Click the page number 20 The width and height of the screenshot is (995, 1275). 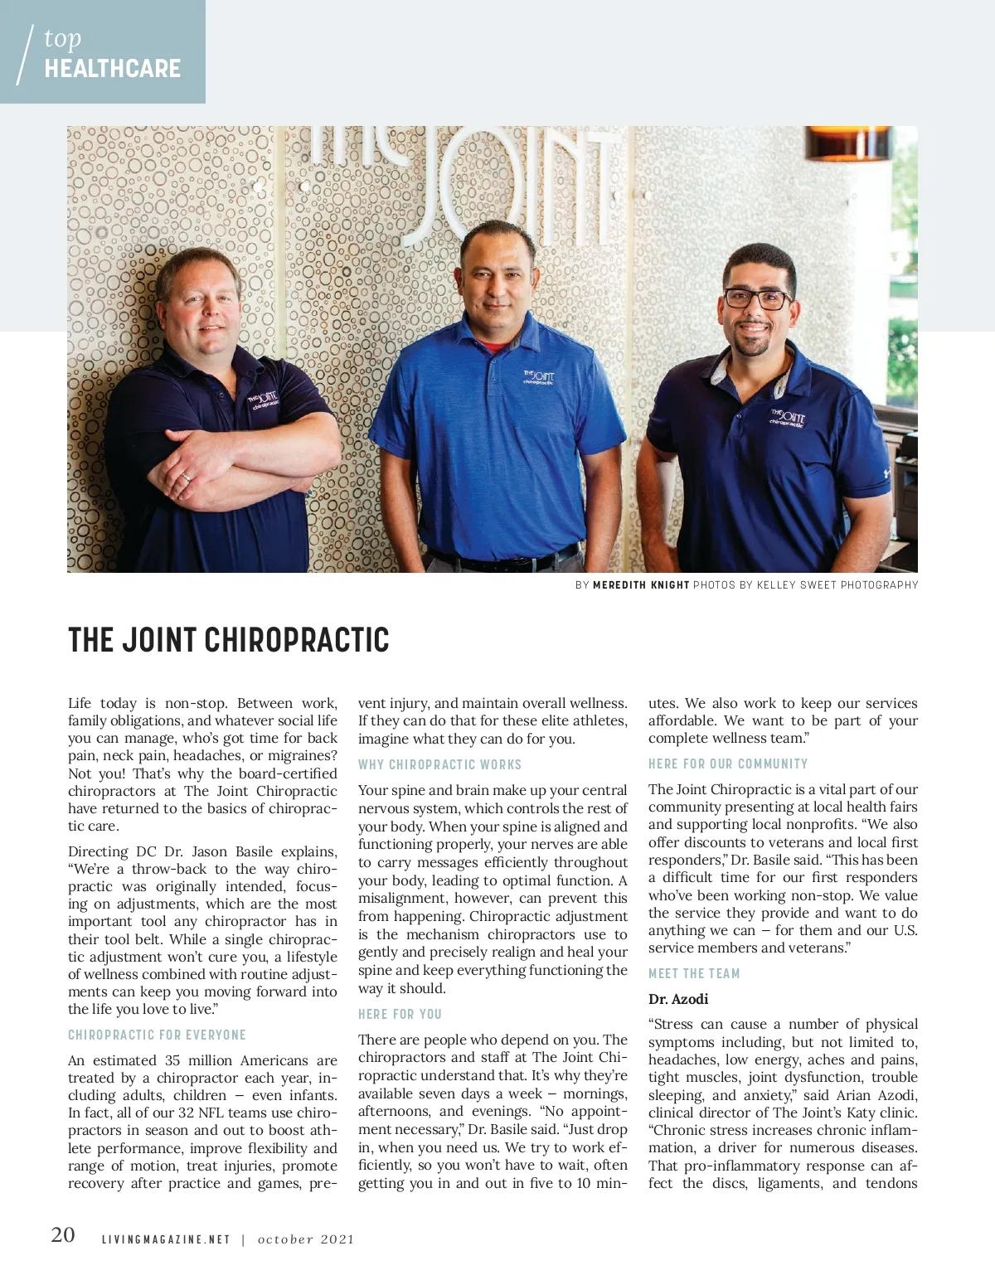click(x=63, y=1236)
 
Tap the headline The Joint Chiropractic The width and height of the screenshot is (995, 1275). click(x=229, y=640)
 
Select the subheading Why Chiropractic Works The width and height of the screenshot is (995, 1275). click(x=439, y=764)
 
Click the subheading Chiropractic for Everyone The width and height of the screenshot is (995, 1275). click(x=157, y=1035)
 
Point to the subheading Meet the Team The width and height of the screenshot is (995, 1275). click(x=694, y=973)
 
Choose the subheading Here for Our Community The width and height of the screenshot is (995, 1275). click(x=727, y=764)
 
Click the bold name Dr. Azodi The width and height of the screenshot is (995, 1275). click(x=678, y=999)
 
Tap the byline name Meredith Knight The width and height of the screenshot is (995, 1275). click(x=641, y=585)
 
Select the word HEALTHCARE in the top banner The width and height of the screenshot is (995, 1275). click(x=113, y=68)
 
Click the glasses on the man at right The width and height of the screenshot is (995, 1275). click(x=756, y=298)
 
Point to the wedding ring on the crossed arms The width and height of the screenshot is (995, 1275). click(x=186, y=477)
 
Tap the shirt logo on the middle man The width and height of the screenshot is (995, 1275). click(x=539, y=378)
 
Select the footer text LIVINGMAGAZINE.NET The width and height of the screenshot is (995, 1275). click(x=166, y=1240)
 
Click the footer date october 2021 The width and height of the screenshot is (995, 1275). click(x=306, y=1240)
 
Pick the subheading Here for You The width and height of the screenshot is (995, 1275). click(x=400, y=1014)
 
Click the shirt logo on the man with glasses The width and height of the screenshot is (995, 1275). click(x=787, y=417)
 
